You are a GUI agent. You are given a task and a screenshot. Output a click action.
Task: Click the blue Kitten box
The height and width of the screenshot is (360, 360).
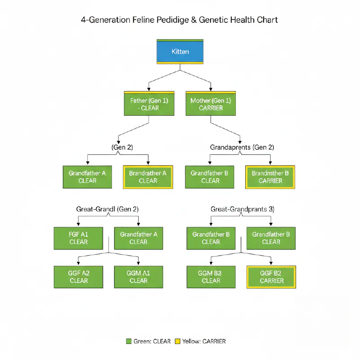tap(180, 51)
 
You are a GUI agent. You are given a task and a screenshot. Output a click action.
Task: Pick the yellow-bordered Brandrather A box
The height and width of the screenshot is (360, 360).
tap(148, 177)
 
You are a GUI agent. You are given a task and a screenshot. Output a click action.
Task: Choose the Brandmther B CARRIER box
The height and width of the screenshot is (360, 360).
tap(270, 177)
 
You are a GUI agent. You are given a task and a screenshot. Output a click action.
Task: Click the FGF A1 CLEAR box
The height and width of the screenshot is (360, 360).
tap(79, 238)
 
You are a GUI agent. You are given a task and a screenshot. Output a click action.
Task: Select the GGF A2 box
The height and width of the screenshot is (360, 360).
tap(79, 277)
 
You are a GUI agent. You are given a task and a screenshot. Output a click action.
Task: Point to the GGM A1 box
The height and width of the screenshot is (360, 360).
tap(138, 277)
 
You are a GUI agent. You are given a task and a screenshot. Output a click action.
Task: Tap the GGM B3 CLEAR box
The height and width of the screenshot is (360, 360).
tap(211, 277)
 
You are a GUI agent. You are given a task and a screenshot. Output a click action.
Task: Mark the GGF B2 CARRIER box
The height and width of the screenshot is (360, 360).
tap(271, 277)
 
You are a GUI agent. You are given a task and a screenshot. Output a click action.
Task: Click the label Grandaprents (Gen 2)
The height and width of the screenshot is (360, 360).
tap(242, 147)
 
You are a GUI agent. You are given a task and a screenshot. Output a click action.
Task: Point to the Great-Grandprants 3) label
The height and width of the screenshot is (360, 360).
tap(243, 209)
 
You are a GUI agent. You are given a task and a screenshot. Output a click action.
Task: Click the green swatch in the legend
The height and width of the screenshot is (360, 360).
tap(129, 341)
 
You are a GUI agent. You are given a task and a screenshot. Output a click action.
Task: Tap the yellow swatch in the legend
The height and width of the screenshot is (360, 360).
tap(177, 341)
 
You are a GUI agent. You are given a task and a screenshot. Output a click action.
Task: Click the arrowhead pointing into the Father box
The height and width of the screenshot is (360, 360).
tap(149, 90)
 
